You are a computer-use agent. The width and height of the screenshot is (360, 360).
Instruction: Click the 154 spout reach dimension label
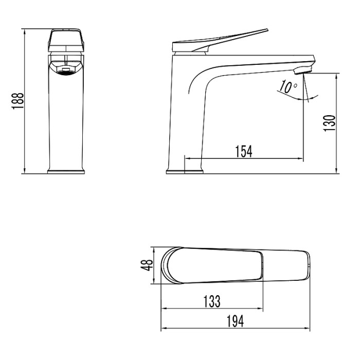243,151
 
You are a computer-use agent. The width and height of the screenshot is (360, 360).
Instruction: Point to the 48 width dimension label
148,265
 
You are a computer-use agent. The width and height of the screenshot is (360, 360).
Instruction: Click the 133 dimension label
212,300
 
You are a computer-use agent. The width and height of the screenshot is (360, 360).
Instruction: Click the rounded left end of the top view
166,265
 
